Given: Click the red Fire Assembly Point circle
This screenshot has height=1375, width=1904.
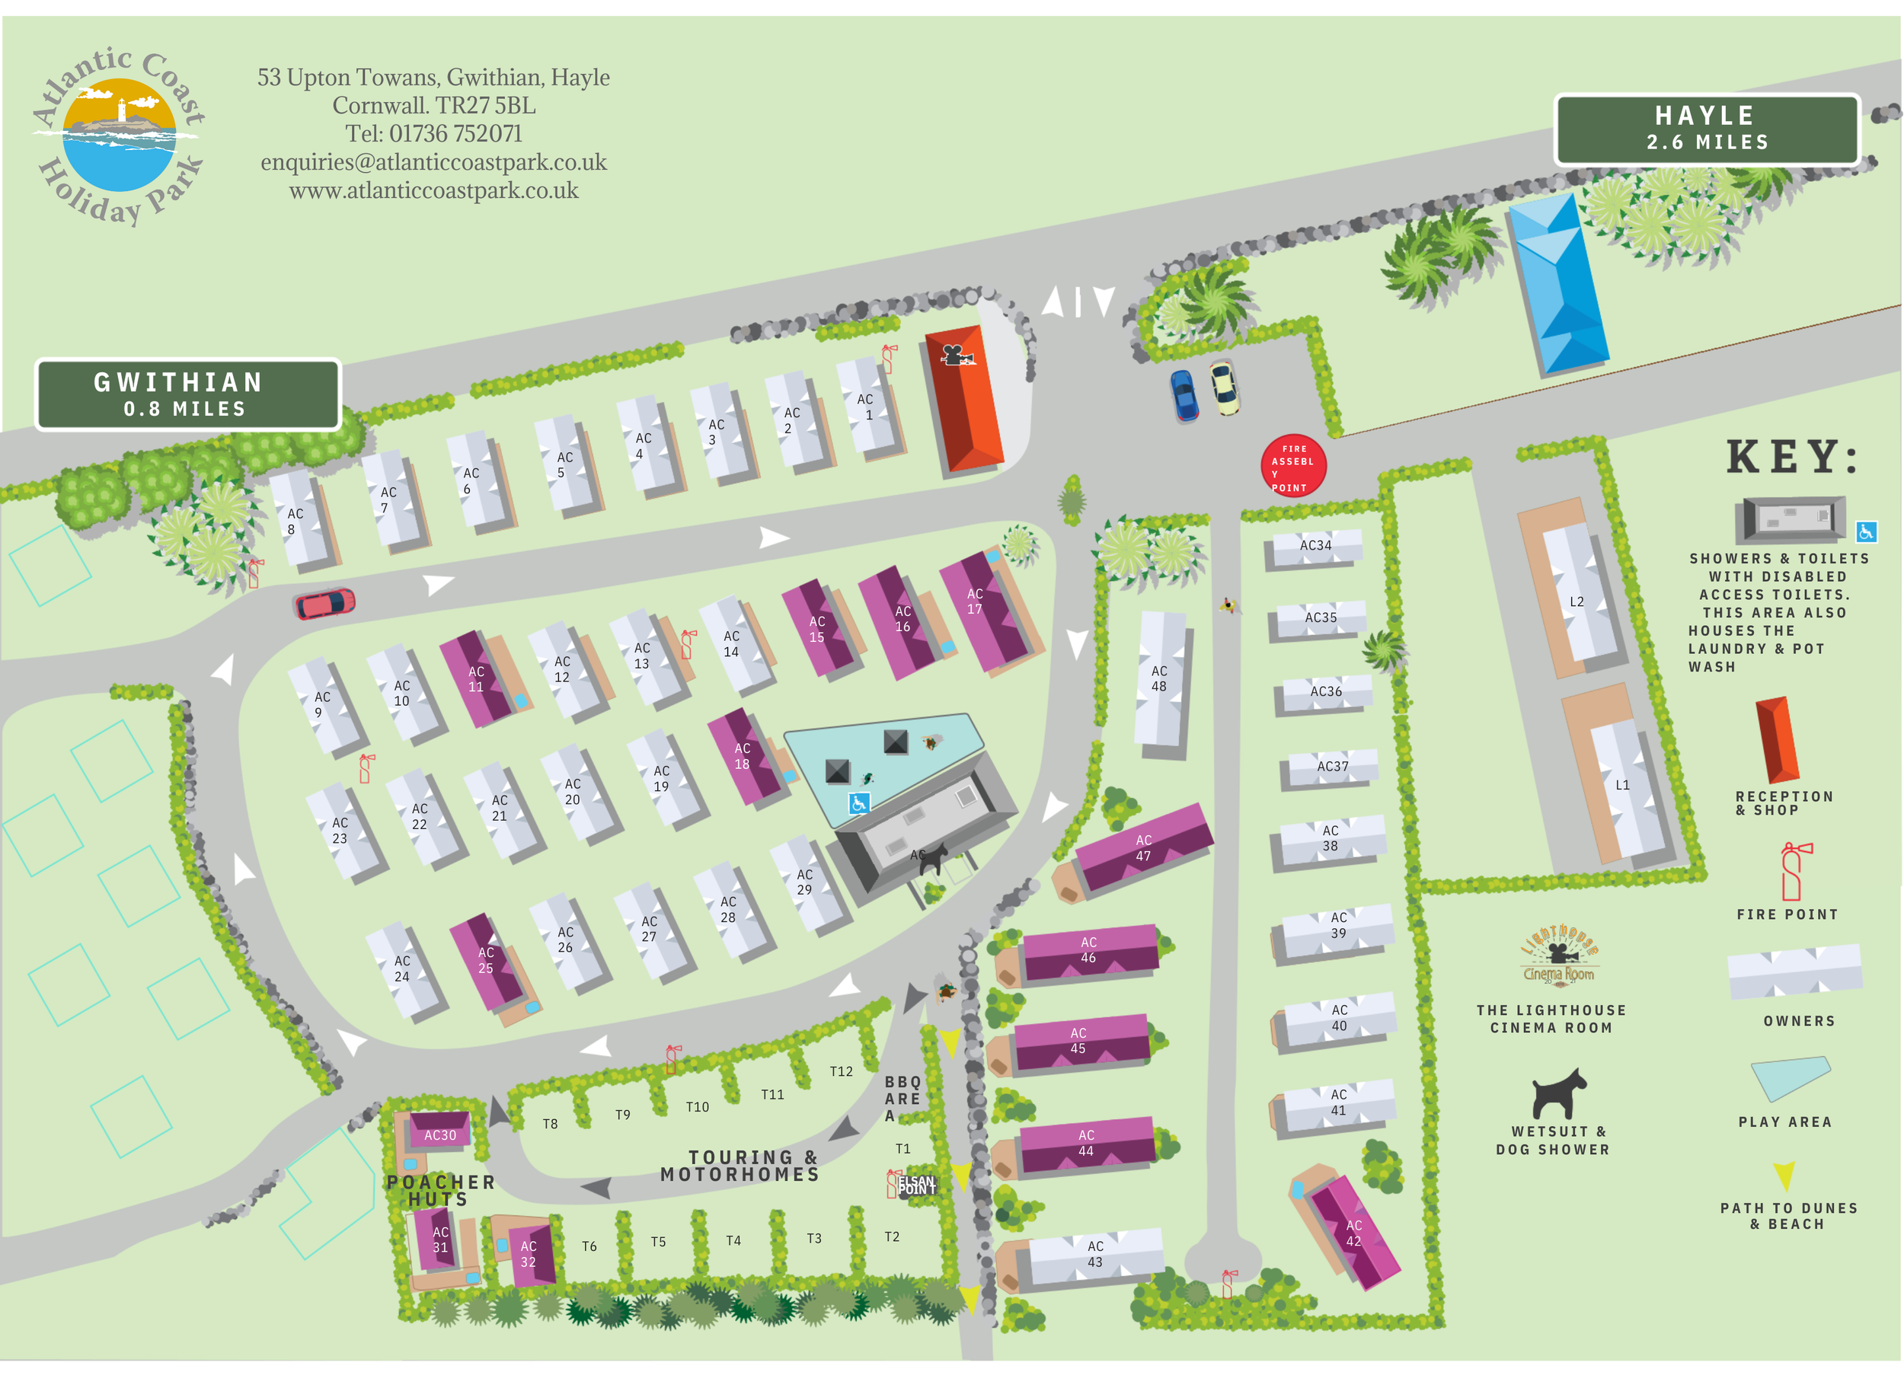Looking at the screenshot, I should pyautogui.click(x=1293, y=466).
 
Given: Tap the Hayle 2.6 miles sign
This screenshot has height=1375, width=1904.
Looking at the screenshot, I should pyautogui.click(x=1707, y=129).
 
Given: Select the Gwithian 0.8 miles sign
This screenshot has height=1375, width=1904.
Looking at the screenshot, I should pyautogui.click(x=187, y=394).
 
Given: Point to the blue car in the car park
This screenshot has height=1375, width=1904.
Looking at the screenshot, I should pyautogui.click(x=1184, y=395).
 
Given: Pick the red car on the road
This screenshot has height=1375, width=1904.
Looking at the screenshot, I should pyautogui.click(x=325, y=604).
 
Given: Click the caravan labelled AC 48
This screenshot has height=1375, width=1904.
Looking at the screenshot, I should pyautogui.click(x=1161, y=678).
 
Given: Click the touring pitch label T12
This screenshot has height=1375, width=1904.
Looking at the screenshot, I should pyautogui.click(x=841, y=1072).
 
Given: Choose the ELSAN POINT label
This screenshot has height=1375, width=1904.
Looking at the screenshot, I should pyautogui.click(x=916, y=1185).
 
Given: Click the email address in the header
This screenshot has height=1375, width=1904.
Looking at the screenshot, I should pyautogui.click(x=433, y=162).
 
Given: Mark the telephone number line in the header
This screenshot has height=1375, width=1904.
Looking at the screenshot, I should pyautogui.click(x=433, y=133).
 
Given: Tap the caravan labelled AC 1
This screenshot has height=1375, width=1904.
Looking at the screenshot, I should pyautogui.click(x=868, y=407).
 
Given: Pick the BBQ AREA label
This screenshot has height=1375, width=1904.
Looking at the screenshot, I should pyautogui.click(x=902, y=1098).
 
